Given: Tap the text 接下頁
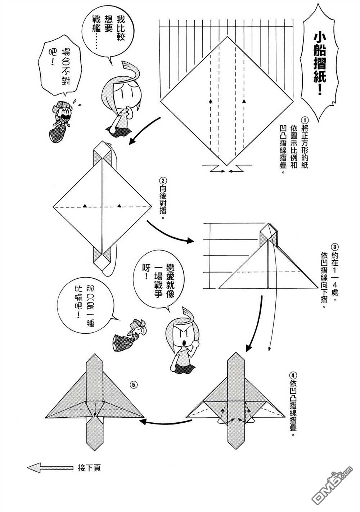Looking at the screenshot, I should tap(89, 468).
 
